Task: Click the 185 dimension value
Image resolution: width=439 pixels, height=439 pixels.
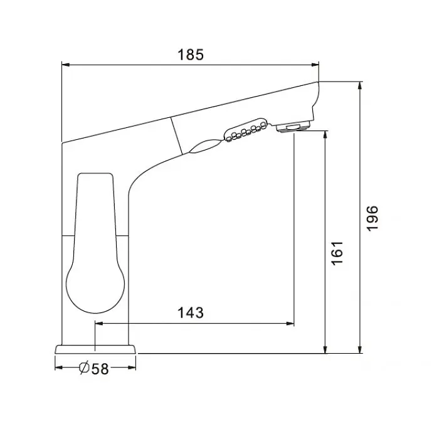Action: pos(191,55)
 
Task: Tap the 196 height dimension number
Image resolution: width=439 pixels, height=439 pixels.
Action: pos(373,218)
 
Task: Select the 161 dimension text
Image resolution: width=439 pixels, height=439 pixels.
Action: pos(337,253)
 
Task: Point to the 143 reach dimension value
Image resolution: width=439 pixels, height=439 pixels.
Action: pos(191,313)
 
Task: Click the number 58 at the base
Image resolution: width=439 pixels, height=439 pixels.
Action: pos(100,369)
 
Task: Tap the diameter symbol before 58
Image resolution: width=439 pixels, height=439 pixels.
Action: pos(84,368)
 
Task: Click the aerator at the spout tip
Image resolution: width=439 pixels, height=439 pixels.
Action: pos(293,127)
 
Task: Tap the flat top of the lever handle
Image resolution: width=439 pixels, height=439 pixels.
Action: pos(95,174)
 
